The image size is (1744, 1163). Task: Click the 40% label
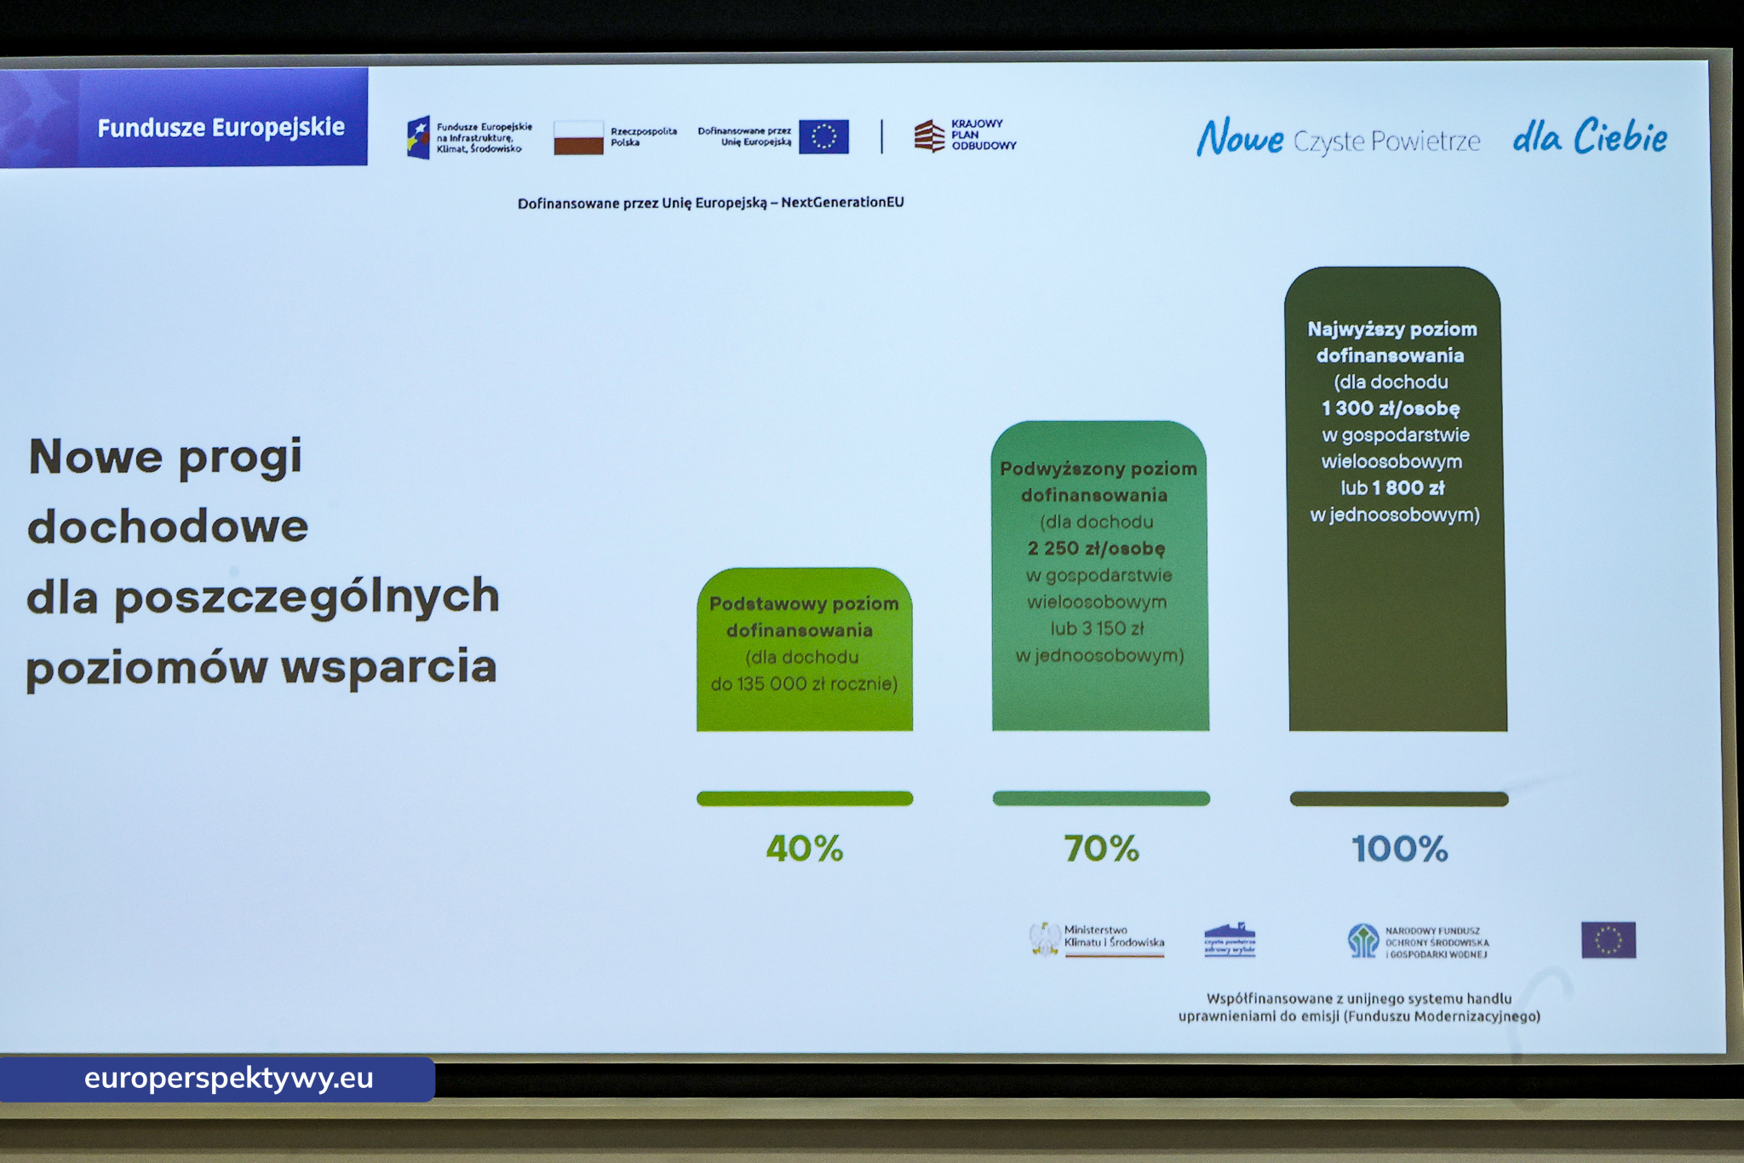coord(804,849)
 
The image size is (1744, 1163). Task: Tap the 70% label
coord(1101,849)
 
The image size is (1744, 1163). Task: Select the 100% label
coord(1399,849)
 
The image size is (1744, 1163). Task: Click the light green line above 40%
coord(805,798)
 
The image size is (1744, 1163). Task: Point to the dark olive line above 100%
coord(1398,799)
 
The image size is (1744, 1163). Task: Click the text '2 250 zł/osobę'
coord(1096,549)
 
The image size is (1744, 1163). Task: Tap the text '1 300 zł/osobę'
coord(1390,409)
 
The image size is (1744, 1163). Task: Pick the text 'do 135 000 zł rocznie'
coord(804,684)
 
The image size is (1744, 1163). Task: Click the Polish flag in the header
coord(578,137)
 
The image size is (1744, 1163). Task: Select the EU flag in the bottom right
coord(1608,941)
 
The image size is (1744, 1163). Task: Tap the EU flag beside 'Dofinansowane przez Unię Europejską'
coord(823,136)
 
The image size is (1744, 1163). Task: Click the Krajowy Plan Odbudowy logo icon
coord(929,135)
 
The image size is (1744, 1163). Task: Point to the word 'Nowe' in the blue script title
coord(1240,138)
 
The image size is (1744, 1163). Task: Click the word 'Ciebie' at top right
coord(1620,137)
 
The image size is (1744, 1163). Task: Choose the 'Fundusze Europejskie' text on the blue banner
coord(221,128)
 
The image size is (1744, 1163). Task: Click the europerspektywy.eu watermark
coord(228,1079)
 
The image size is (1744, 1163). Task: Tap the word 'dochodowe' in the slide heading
coord(168,527)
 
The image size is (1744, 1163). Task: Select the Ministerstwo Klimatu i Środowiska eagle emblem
coord(1044,940)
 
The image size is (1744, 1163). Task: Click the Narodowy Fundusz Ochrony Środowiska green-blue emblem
coord(1362,941)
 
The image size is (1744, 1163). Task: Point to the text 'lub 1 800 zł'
coord(1392,488)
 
